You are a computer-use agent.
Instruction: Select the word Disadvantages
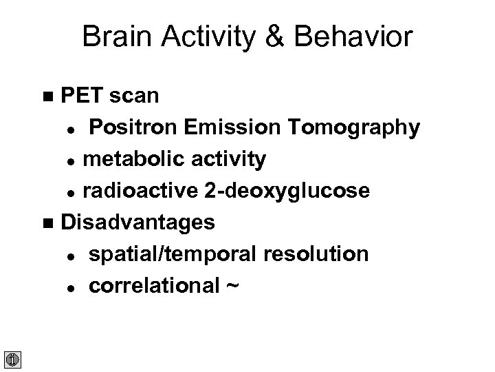tap(137, 223)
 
